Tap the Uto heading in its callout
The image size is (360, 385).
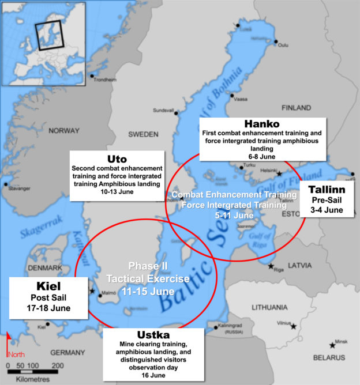coord(117,158)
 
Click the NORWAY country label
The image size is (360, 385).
coord(63,131)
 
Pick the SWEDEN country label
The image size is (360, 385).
coord(142,134)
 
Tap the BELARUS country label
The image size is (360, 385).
coord(328,357)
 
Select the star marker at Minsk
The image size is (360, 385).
coord(332,345)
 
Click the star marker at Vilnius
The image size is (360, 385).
coord(294,327)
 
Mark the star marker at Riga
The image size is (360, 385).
coord(271,266)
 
